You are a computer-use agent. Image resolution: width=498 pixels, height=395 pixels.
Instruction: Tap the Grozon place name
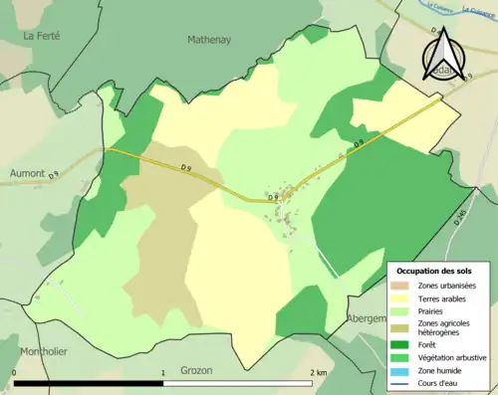tap(197, 369)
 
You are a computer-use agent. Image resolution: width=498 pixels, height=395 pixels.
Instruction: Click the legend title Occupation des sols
tap(434, 270)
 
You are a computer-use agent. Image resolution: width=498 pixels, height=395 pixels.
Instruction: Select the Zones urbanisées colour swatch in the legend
tap(403, 286)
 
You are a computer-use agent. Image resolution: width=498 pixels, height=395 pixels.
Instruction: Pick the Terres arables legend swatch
tap(403, 297)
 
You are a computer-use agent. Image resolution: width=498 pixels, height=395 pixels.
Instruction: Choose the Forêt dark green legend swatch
tap(403, 344)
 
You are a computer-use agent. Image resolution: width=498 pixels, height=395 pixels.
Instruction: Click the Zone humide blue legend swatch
tap(403, 368)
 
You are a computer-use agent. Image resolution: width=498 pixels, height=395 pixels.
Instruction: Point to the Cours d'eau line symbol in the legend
tap(403, 380)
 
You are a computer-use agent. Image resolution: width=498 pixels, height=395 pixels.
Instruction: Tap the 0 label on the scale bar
tap(14, 373)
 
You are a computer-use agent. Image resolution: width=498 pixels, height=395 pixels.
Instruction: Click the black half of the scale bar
tap(89, 383)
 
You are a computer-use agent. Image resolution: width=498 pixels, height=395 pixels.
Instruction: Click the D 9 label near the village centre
tap(273, 198)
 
